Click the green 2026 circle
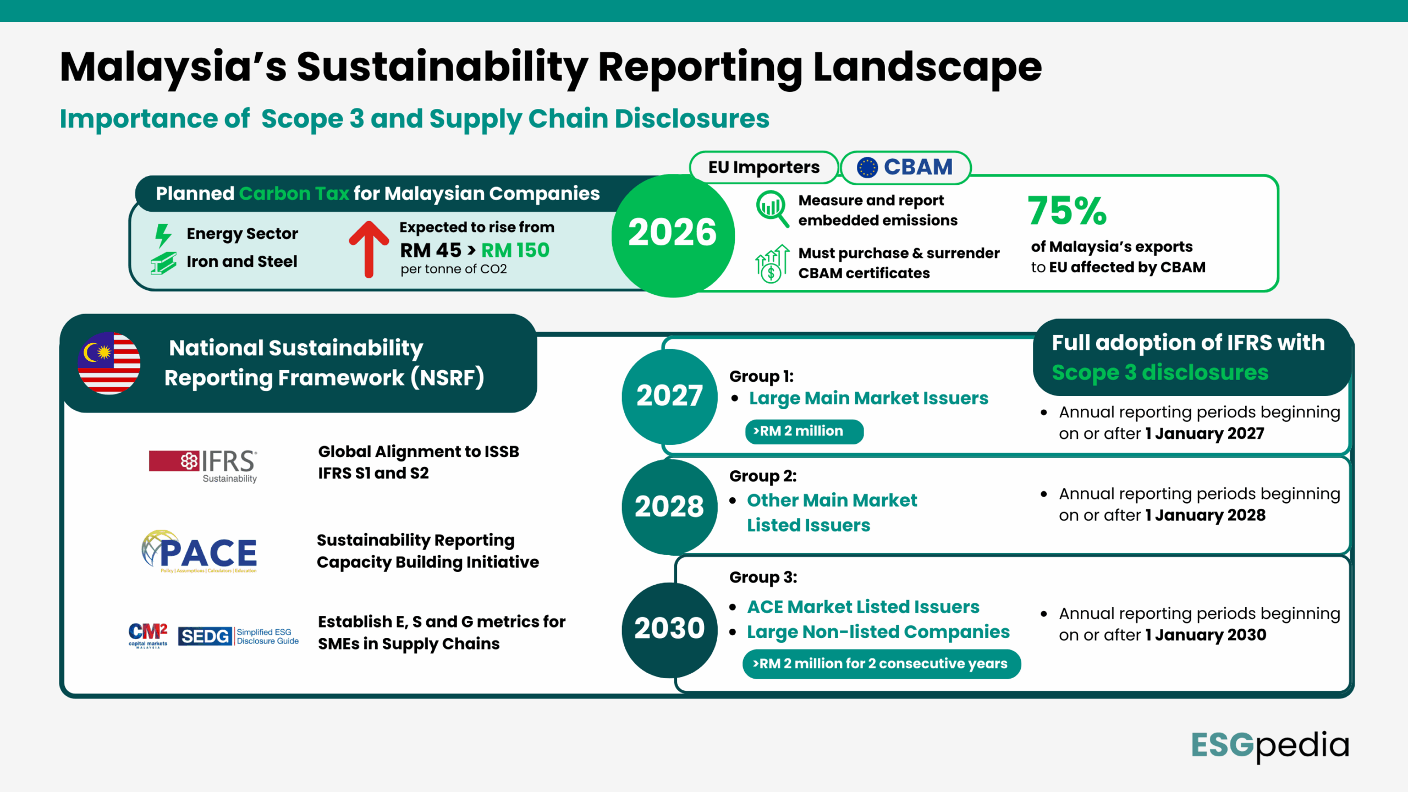click(673, 235)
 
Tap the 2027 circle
click(669, 396)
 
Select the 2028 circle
click(669, 507)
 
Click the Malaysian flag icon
click(109, 363)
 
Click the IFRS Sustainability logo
click(203, 465)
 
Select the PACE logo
click(200, 552)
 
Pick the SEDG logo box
click(205, 636)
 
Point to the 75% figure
click(1067, 211)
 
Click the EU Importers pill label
click(763, 167)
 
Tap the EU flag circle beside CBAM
click(867, 167)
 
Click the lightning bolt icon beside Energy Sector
click(163, 235)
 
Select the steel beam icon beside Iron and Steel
click(163, 263)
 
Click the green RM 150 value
click(515, 251)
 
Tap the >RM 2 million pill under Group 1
click(804, 431)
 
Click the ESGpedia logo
click(1270, 746)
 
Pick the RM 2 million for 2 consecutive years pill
click(881, 664)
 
